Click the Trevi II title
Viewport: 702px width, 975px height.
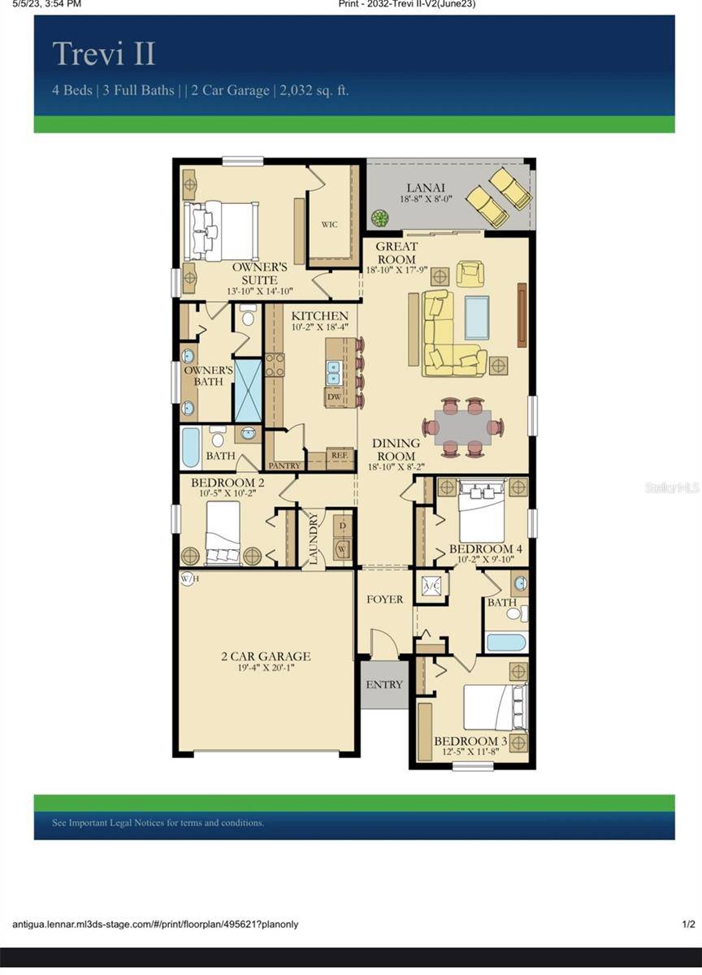(x=104, y=54)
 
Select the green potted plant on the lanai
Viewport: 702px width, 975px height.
(x=379, y=218)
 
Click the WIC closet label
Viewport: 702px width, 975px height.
(x=329, y=224)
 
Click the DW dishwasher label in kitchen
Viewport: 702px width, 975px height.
(x=333, y=397)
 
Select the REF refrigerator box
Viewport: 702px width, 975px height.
(x=340, y=457)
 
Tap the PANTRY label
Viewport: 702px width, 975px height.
(x=284, y=466)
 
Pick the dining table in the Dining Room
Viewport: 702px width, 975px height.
(x=462, y=427)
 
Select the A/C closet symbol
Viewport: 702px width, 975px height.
(x=431, y=586)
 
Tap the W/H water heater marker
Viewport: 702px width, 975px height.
(x=188, y=578)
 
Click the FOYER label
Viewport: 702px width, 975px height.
(x=384, y=600)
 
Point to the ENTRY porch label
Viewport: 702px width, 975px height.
(x=384, y=685)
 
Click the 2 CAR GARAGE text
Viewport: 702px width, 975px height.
(x=266, y=656)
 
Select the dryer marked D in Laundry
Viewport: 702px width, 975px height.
(x=343, y=526)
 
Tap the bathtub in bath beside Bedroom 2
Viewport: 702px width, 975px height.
(x=191, y=448)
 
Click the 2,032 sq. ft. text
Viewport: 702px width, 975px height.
(x=314, y=90)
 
